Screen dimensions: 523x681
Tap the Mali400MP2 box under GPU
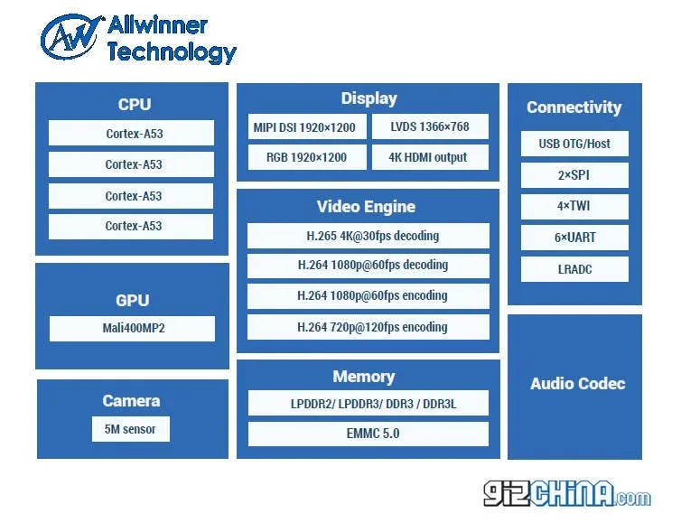point(132,329)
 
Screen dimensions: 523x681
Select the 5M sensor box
point(130,429)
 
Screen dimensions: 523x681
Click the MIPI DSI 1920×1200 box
point(307,127)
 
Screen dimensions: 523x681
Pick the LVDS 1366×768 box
point(430,127)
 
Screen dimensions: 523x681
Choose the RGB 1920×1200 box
point(307,157)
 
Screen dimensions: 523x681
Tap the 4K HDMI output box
point(430,157)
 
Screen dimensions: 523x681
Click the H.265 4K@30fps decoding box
point(368,237)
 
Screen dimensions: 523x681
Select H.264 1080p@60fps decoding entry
point(368,266)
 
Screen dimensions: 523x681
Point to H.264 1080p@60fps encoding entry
point(368,295)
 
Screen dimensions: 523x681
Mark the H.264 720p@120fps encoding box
point(368,327)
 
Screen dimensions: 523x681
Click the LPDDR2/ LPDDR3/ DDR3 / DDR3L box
point(368,404)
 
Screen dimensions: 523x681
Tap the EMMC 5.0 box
point(368,434)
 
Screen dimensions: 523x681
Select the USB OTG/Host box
point(574,144)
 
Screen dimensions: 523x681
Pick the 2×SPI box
point(574,175)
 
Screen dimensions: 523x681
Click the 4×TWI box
point(574,206)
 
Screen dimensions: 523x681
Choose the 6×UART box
point(574,238)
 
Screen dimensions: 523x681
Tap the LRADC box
point(574,269)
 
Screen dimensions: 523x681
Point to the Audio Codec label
point(577,384)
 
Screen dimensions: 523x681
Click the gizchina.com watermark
point(566,493)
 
